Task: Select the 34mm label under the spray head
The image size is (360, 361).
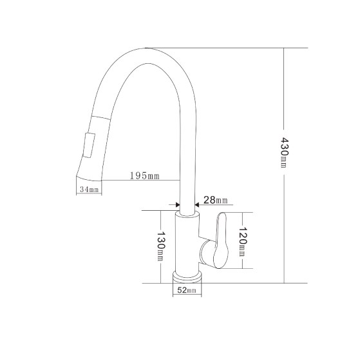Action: (89, 189)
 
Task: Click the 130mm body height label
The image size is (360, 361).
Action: (160, 246)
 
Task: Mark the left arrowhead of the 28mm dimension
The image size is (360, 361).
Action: (176, 207)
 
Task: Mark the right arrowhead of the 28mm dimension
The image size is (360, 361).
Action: (197, 207)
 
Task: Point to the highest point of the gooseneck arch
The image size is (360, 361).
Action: (147, 49)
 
